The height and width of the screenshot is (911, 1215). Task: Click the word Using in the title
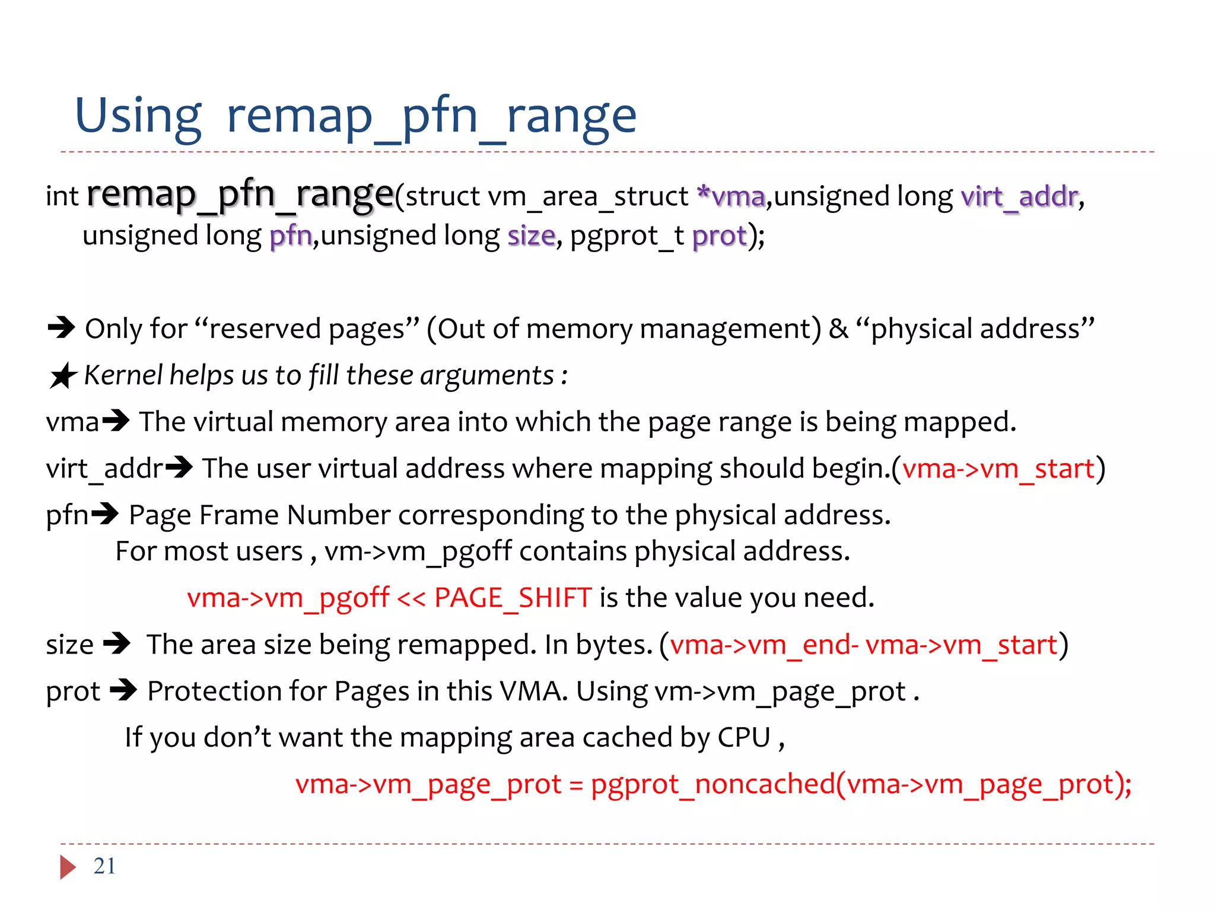click(138, 116)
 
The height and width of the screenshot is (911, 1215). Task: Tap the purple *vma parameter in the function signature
click(731, 196)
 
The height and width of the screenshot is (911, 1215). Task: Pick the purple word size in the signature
click(531, 235)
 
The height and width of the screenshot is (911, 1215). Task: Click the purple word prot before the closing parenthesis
click(719, 236)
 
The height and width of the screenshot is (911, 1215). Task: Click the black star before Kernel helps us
click(63, 376)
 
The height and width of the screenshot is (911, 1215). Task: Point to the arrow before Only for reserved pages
click(62, 327)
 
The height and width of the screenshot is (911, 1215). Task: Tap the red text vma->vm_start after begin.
click(998, 469)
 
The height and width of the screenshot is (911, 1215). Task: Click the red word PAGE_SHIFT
click(513, 597)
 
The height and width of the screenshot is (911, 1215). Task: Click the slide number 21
click(104, 866)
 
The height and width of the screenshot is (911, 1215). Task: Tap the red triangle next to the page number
click(68, 867)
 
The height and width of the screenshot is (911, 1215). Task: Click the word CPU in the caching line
click(744, 737)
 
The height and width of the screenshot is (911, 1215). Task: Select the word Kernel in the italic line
click(123, 375)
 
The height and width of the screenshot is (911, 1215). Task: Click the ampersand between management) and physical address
click(838, 329)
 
